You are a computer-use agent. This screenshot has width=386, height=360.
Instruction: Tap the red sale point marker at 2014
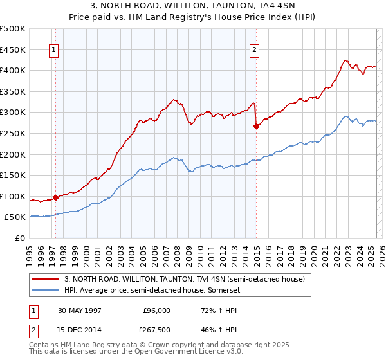click(x=256, y=126)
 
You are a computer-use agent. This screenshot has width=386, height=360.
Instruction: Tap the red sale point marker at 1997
click(x=56, y=197)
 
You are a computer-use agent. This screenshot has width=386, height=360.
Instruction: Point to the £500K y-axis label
click(x=13, y=29)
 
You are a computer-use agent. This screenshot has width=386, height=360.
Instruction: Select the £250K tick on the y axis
click(x=13, y=133)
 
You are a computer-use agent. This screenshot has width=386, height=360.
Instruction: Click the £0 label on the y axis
click(x=20, y=238)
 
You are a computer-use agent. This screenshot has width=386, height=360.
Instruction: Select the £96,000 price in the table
click(x=152, y=310)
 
